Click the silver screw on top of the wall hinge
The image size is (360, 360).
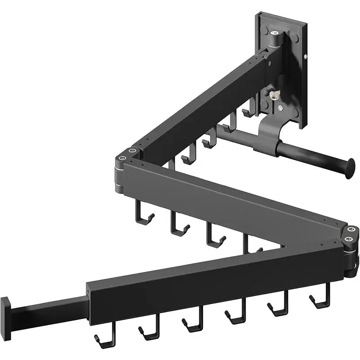click(x=274, y=33)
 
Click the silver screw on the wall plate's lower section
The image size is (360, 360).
click(x=281, y=108)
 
